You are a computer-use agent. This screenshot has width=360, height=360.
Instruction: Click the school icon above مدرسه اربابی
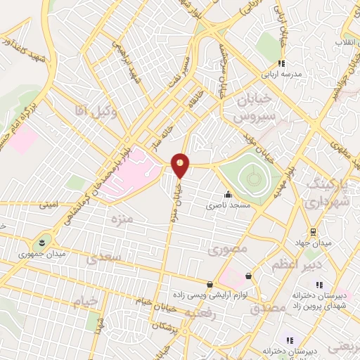pyautogui.click(x=282, y=63)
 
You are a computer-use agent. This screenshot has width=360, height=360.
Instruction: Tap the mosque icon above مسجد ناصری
pyautogui.click(x=227, y=195)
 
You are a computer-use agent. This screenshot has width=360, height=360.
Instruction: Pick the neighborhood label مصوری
pyautogui.click(x=229, y=247)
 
